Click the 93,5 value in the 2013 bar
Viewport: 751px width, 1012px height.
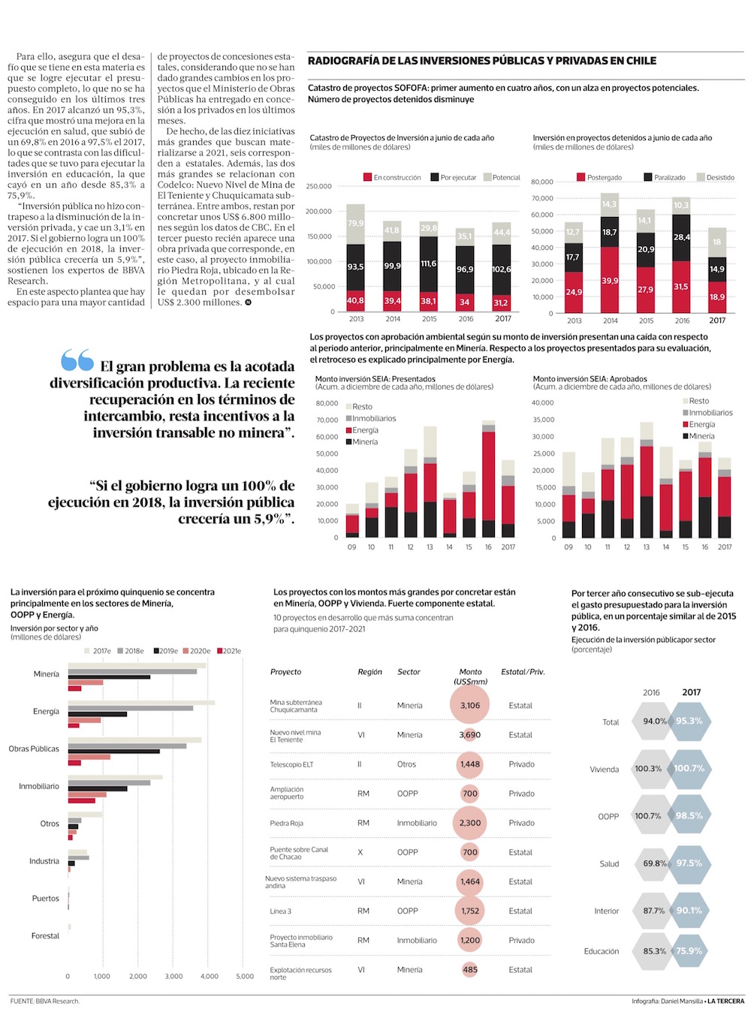point(355,267)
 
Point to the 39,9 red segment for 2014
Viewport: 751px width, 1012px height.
point(610,281)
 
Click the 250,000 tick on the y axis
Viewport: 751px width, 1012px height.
point(319,186)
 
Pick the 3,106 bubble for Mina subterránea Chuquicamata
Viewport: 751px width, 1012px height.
point(470,705)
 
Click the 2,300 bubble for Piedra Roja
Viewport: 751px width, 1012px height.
point(470,823)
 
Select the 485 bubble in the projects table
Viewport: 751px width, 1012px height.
point(470,969)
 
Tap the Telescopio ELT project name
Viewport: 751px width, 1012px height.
point(291,764)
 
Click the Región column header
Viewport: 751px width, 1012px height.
point(369,672)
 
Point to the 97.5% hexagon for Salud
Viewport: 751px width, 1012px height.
point(689,863)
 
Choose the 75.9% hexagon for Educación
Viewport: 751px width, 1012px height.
point(689,950)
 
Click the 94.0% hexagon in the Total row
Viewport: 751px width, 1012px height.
point(654,721)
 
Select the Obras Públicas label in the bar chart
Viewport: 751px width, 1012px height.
point(34,748)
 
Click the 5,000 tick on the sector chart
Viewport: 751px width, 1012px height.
point(245,976)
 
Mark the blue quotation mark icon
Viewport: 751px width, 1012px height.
point(77,360)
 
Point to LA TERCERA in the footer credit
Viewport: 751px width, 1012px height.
point(725,1001)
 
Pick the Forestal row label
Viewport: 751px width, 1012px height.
point(45,935)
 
